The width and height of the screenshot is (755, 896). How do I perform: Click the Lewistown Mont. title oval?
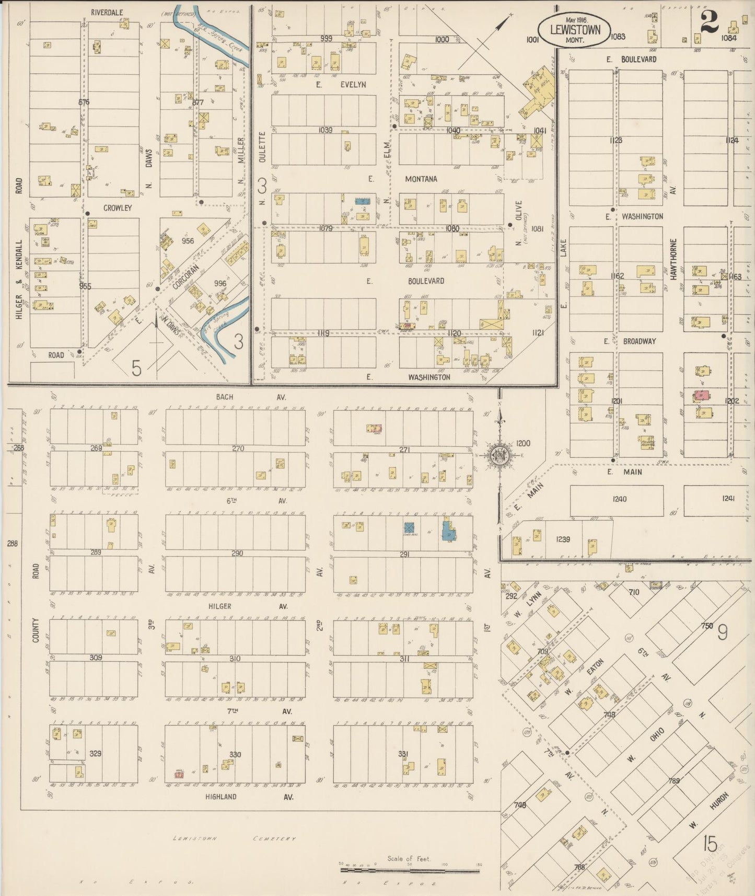point(574,29)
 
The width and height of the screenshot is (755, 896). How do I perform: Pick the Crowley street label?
point(118,208)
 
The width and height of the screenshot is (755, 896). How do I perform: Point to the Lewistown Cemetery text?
point(235,838)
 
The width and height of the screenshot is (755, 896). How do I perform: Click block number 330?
point(235,754)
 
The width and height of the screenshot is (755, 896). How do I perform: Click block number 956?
point(188,241)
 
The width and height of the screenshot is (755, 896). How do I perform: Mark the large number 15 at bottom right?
point(710,844)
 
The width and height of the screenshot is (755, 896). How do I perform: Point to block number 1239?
point(563,539)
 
